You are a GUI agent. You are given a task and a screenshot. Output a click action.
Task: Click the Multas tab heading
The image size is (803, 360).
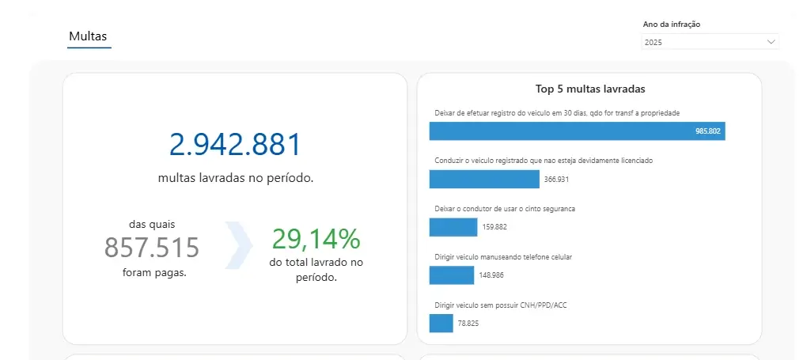[x=88, y=36]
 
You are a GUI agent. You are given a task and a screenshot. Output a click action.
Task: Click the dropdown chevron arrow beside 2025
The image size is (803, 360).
[x=771, y=42]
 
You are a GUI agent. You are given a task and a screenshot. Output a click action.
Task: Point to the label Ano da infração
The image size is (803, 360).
[x=672, y=24]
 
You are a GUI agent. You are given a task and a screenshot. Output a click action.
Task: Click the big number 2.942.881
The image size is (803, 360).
[x=235, y=145]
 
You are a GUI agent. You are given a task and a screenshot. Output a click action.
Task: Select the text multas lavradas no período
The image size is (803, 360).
[x=235, y=178]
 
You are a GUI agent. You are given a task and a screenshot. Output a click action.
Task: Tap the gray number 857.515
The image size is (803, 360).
[x=152, y=248]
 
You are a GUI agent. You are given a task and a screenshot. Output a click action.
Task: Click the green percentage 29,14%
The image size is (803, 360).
[x=316, y=238]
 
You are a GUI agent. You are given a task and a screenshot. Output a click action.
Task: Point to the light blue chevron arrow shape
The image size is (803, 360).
[x=239, y=245]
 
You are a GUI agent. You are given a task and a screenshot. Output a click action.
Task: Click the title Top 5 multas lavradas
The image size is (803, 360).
[x=589, y=89]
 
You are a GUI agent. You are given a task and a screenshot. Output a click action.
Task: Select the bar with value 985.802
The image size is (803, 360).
[x=577, y=131]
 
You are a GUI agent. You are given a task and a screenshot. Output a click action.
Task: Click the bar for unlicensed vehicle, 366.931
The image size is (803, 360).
[x=484, y=180]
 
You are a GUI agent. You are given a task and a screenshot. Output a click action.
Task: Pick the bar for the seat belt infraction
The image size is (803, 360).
[x=453, y=227]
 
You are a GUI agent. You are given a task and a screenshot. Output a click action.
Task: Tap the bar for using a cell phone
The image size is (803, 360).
[x=451, y=275]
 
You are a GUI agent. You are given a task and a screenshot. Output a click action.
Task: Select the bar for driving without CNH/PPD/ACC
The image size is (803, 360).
[x=441, y=323]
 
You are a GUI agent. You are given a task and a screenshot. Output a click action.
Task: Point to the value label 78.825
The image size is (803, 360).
[x=468, y=323]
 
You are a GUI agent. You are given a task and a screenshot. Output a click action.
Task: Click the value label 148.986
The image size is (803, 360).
[x=491, y=275]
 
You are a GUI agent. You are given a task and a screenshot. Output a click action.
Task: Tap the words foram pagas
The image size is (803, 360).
[x=155, y=273]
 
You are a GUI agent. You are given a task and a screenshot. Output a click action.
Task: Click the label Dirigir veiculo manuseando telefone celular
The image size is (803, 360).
[x=503, y=257]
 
